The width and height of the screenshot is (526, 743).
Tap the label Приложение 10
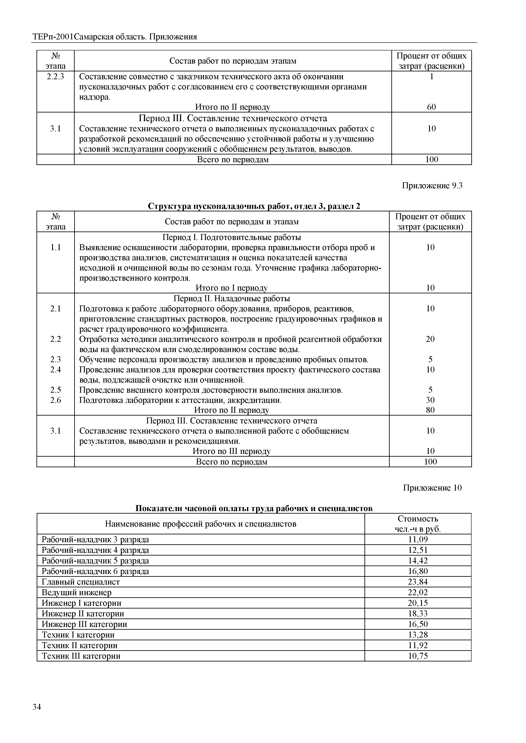[432, 488]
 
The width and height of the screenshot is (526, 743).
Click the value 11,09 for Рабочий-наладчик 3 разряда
[418, 539]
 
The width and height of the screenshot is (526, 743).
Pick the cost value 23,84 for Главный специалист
[418, 582]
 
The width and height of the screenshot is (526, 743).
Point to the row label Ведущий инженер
[77, 593]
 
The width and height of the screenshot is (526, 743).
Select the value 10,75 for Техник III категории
[418, 656]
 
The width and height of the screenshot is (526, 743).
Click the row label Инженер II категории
[83, 614]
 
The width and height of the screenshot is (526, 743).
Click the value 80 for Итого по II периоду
[430, 410]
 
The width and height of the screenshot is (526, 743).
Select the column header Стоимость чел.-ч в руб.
[418, 524]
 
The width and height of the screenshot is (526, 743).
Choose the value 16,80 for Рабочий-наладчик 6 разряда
[418, 571]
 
